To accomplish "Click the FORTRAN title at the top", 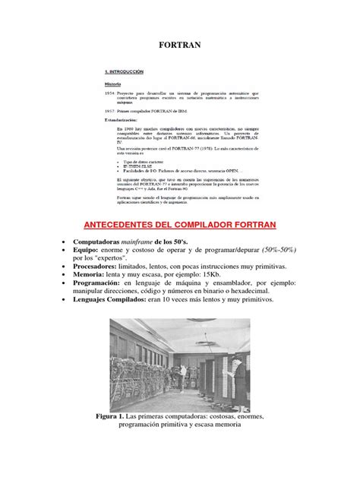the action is point(179,45).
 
